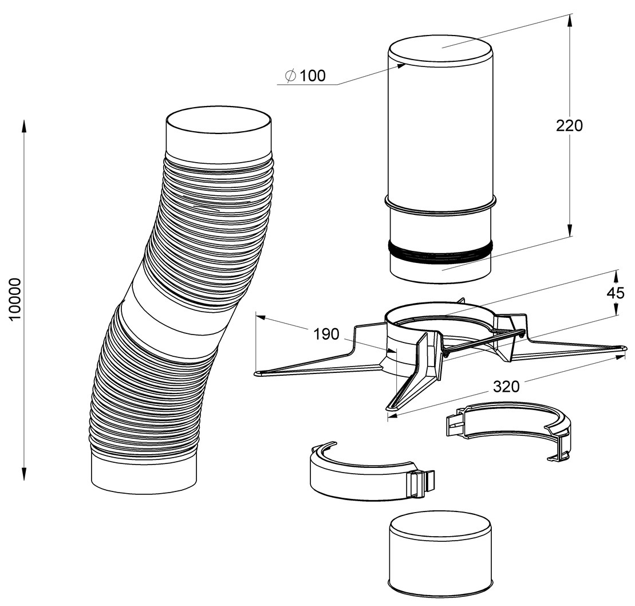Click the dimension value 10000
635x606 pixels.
[x=15, y=299]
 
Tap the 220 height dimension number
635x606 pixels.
[x=569, y=126]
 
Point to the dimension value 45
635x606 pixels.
[x=616, y=293]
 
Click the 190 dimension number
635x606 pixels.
[x=326, y=334]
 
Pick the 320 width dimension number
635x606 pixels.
[x=506, y=387]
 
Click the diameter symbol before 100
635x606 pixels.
[x=290, y=76]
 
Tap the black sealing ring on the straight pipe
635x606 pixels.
[x=441, y=251]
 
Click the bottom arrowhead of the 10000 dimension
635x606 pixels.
[x=24, y=474]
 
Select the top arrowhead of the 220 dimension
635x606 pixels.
[x=570, y=20]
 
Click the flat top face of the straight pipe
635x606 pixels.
[x=441, y=50]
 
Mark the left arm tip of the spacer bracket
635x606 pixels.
[x=257, y=373]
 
